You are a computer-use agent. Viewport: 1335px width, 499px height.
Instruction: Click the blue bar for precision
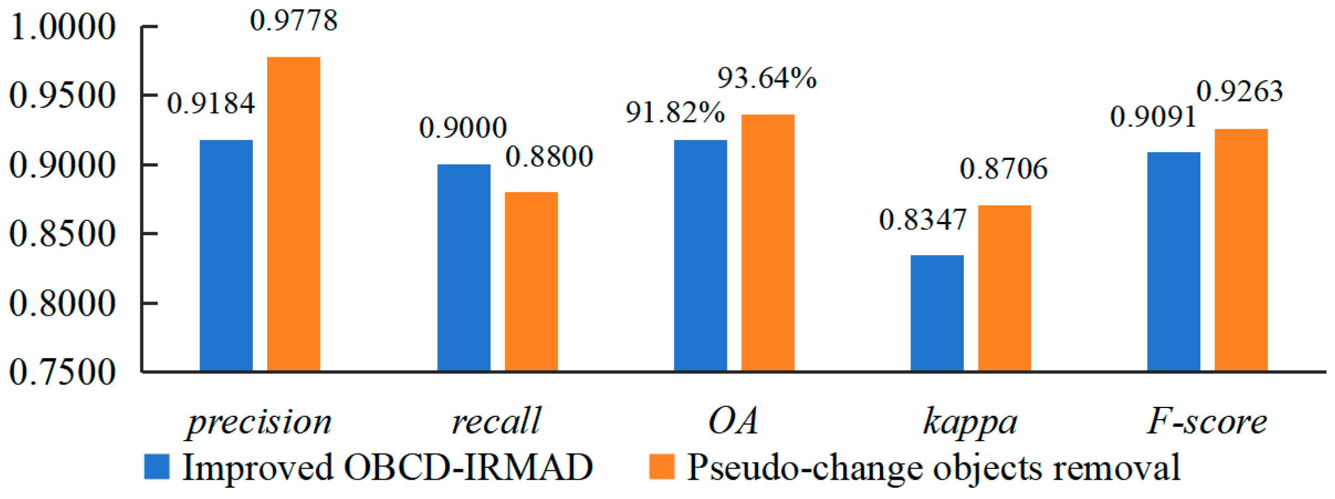pyautogui.click(x=226, y=255)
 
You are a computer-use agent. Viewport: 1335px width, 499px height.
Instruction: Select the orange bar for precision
pyautogui.click(x=294, y=214)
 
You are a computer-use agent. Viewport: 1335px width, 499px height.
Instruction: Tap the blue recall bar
pyautogui.click(x=464, y=268)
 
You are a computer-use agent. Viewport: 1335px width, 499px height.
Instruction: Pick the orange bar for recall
pyautogui.click(x=531, y=281)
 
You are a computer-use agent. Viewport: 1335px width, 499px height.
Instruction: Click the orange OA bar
pyautogui.click(x=768, y=243)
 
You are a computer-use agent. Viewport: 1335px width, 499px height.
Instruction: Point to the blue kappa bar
pyautogui.click(x=937, y=313)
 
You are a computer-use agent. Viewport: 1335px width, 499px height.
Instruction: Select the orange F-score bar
pyautogui.click(x=1241, y=250)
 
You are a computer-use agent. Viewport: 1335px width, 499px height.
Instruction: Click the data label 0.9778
pyautogui.click(x=294, y=21)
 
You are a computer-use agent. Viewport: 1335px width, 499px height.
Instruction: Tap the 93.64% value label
pyautogui.click(x=767, y=78)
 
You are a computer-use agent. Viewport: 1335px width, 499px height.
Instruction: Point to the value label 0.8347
pyautogui.click(x=923, y=220)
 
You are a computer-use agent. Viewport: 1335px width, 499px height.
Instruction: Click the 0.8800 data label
pyautogui.click(x=549, y=157)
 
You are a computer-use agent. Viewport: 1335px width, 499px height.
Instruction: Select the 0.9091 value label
pyautogui.click(x=1153, y=117)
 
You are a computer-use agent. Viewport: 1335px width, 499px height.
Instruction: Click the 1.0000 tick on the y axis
pyautogui.click(x=63, y=27)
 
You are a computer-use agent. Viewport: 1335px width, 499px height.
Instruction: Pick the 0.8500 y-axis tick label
pyautogui.click(x=63, y=234)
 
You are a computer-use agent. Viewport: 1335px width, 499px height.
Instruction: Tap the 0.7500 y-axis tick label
pyautogui.click(x=63, y=372)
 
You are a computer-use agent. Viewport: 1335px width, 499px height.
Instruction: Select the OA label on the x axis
pyautogui.click(x=733, y=421)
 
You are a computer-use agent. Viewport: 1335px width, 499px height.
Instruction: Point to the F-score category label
pyautogui.click(x=1207, y=421)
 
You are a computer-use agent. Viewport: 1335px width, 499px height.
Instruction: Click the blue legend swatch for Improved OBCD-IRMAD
pyautogui.click(x=156, y=466)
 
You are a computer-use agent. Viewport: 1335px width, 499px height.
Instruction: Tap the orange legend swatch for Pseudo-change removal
pyautogui.click(x=661, y=466)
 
